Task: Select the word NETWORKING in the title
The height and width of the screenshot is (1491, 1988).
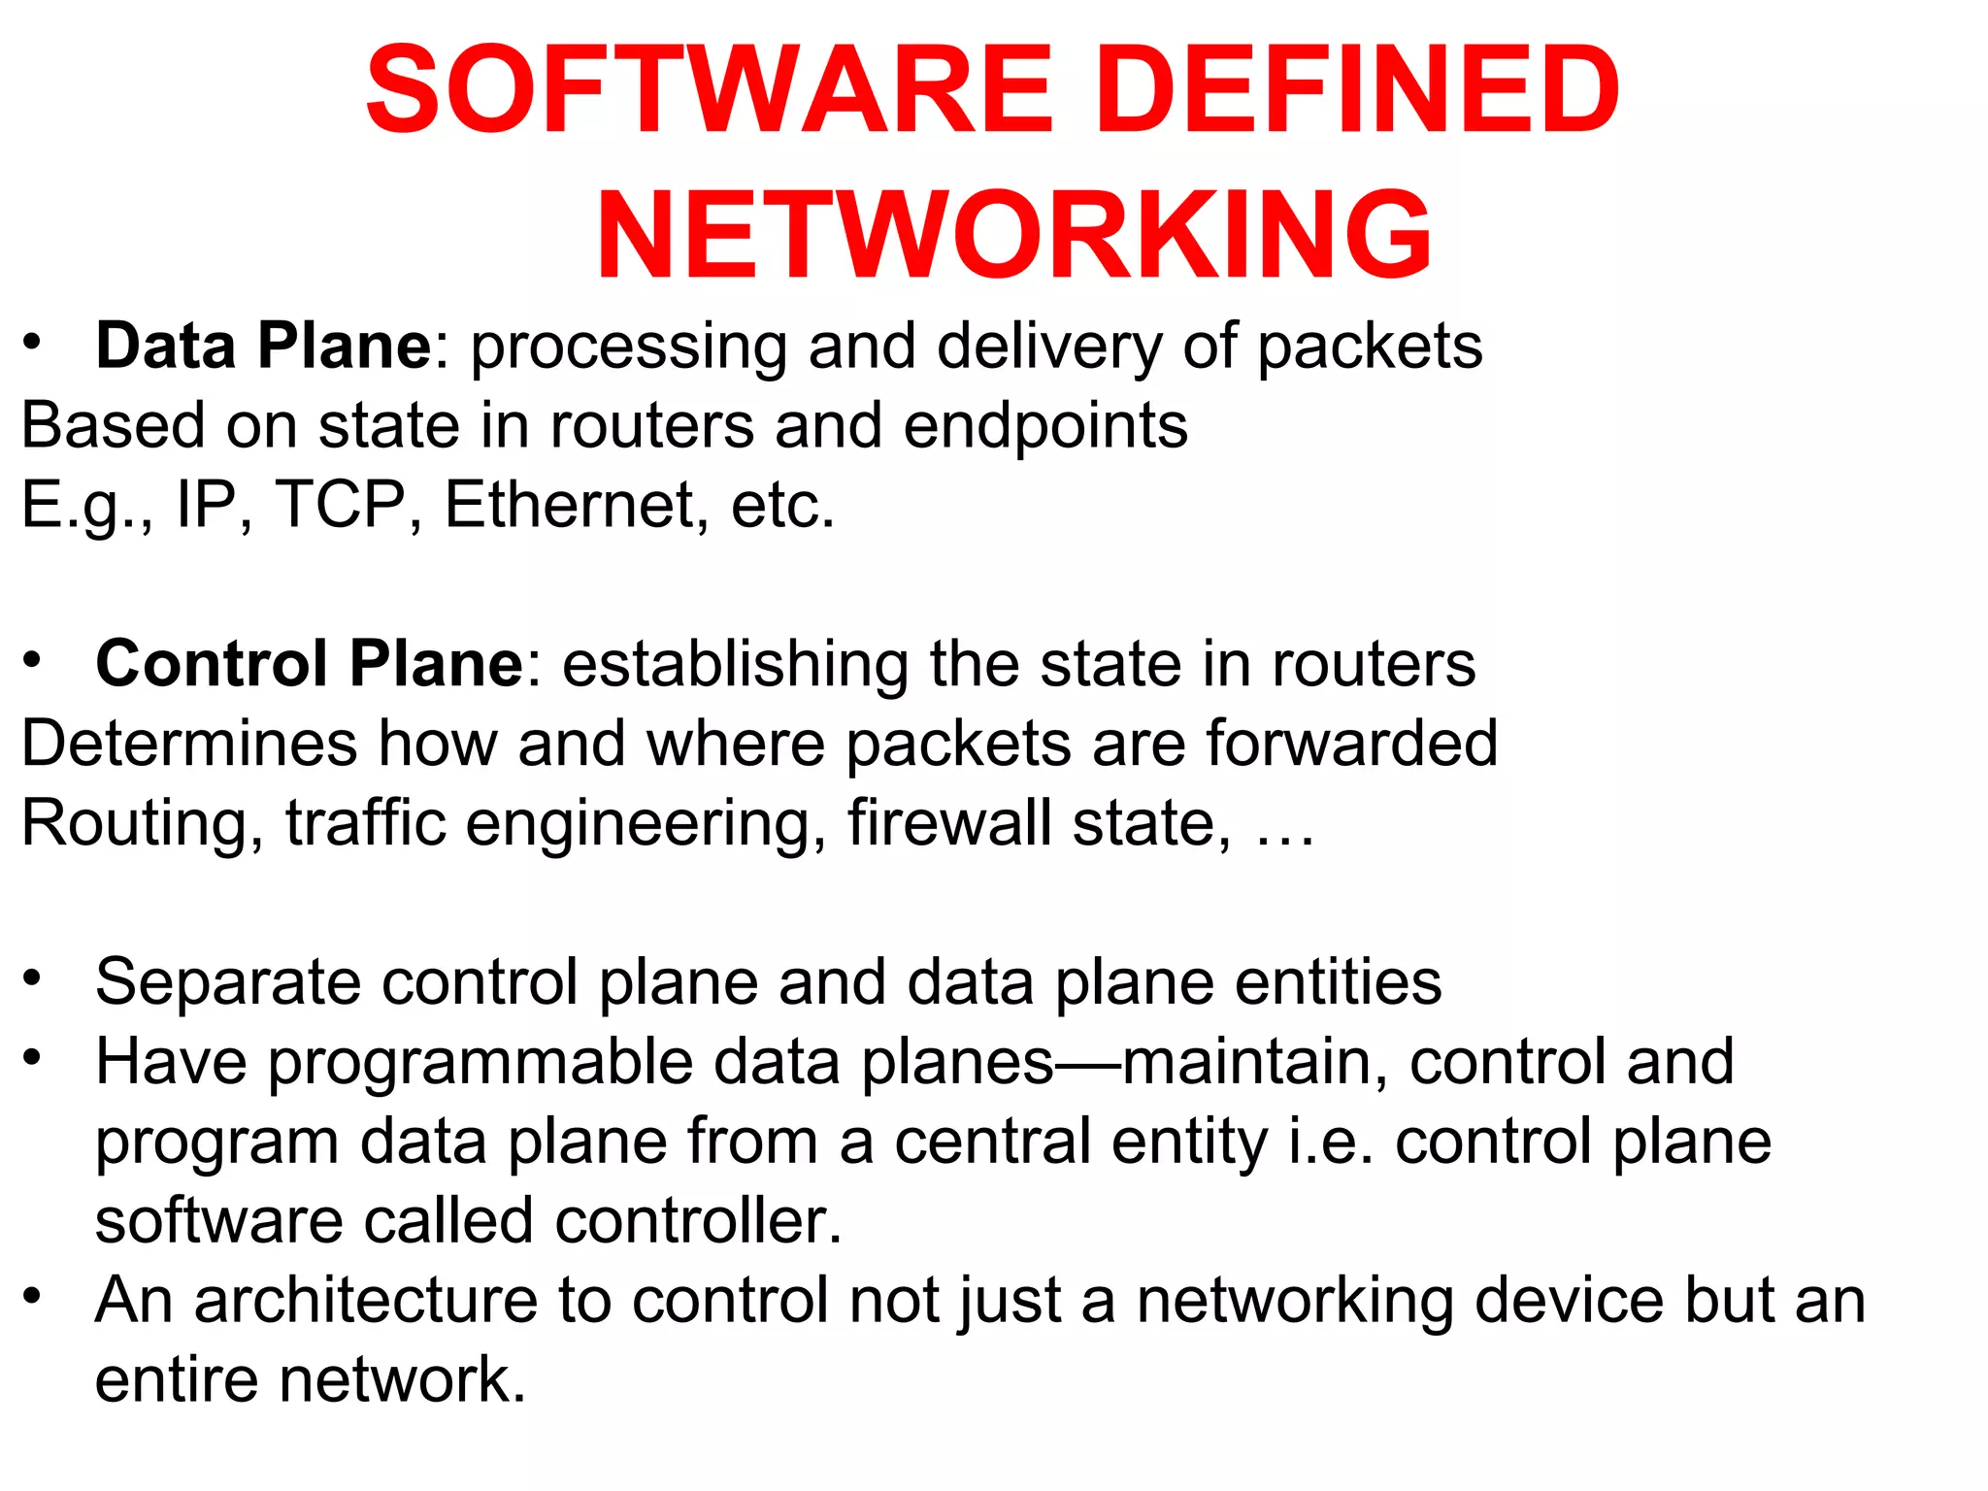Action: click(x=1013, y=236)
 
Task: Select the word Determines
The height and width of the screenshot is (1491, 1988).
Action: click(x=189, y=744)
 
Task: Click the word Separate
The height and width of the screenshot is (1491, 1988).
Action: click(x=228, y=982)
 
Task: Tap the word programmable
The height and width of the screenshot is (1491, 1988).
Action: click(x=480, y=1063)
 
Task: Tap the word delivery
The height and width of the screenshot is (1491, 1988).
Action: click(x=1049, y=348)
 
